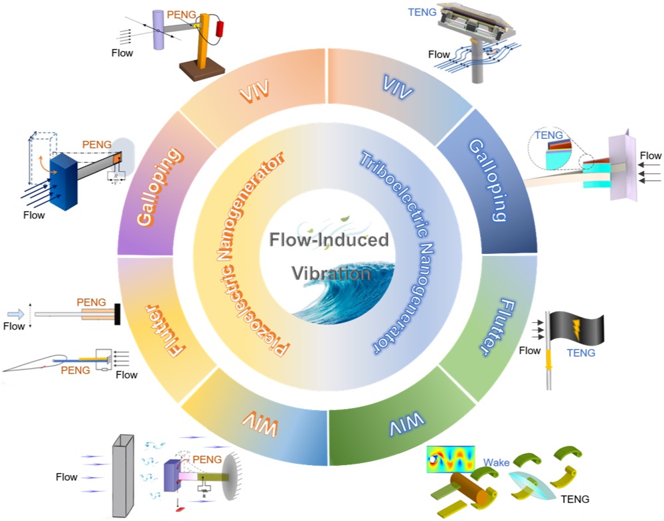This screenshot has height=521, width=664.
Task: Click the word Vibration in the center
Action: (331, 274)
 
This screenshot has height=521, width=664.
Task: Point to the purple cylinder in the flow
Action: (161, 29)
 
